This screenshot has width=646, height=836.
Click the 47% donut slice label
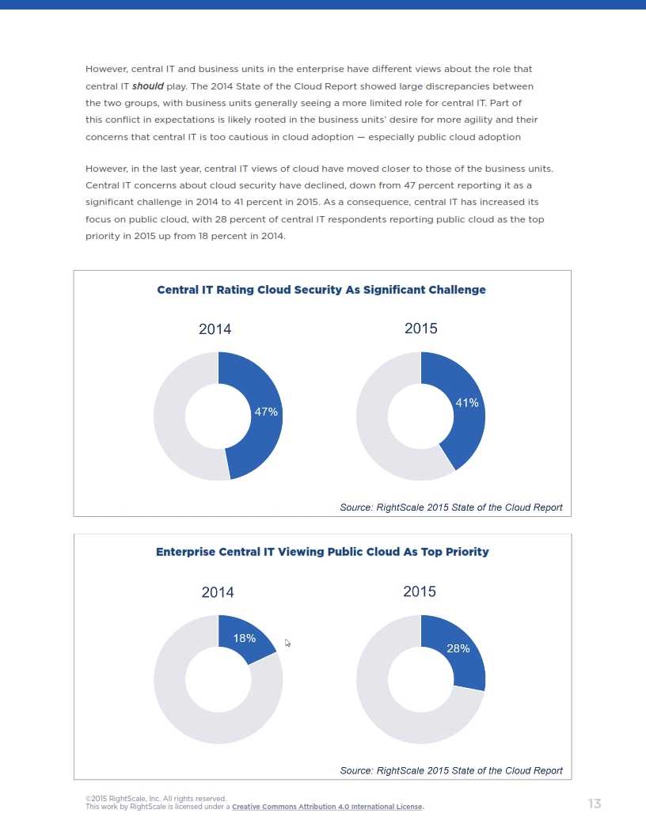265,412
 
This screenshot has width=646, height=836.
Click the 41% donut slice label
467,403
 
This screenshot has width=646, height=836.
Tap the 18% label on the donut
244,638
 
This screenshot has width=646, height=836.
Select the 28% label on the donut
458,648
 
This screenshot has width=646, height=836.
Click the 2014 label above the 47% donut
215,329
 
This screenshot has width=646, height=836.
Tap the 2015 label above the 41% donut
420,329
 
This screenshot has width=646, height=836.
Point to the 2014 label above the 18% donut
218,592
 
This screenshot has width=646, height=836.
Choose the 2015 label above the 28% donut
420,591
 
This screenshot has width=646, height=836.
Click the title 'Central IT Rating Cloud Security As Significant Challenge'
321,290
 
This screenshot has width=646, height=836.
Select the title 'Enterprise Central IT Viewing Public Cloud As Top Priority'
322,552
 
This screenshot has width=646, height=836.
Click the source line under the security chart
450,507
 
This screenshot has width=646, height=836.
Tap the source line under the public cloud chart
450,770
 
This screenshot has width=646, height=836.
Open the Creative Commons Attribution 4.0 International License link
327,807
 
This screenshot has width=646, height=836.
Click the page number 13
595,804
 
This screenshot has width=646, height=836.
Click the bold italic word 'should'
148,86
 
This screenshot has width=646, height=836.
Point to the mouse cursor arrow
287,643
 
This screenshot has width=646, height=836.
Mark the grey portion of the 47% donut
170,416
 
